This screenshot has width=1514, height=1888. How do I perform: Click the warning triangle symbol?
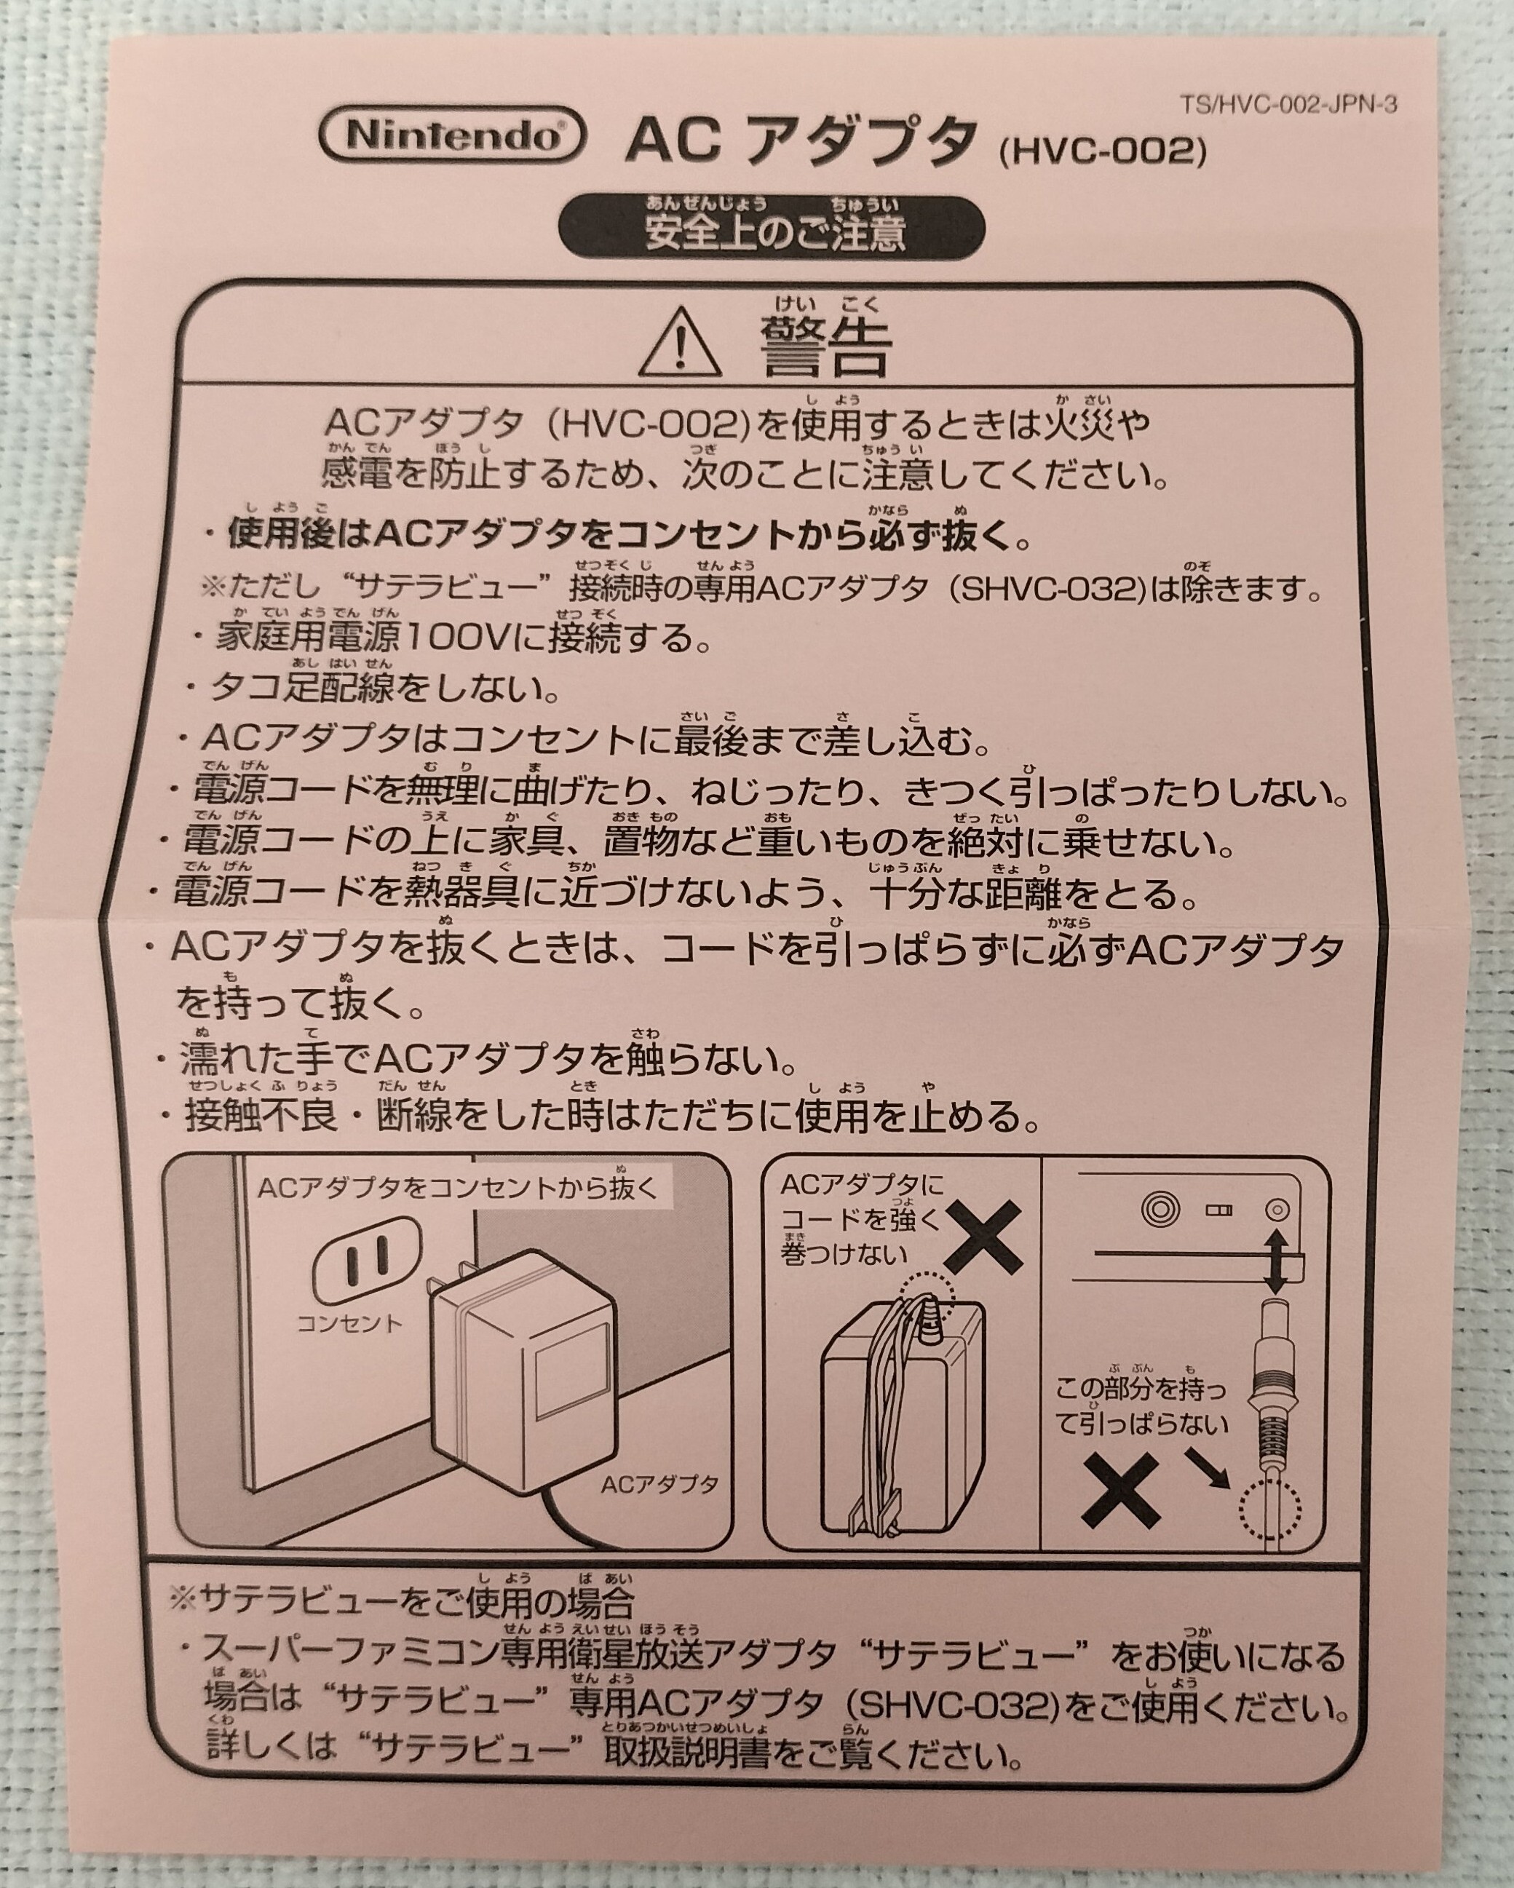tap(681, 344)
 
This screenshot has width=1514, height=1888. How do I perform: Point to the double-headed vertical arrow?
tap(1277, 1261)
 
